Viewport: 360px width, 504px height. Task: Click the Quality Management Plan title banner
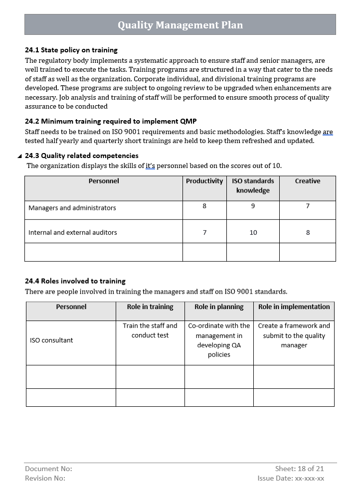coord(180,25)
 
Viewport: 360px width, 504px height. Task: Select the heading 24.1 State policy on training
coord(71,50)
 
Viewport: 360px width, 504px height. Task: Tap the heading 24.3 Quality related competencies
coord(82,156)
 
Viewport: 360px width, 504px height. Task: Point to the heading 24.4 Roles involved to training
coord(75,281)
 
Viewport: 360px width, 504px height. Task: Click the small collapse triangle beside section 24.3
coord(19,156)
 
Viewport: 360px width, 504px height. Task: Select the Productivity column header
coord(204,181)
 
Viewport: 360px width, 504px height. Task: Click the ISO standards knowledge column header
coord(253,185)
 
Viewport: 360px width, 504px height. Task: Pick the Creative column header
coord(307,181)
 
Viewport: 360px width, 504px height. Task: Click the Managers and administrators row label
coord(72,208)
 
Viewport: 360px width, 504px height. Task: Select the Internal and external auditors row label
coord(73,232)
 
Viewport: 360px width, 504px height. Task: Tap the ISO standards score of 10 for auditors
coord(253,232)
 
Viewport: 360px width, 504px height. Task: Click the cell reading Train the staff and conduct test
coord(150,331)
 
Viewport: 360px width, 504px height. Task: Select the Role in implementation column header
coord(294,307)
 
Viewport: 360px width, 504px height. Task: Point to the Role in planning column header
coord(219,307)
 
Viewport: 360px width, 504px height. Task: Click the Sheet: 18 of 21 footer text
coord(299,469)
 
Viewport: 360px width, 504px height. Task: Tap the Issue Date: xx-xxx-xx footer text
coord(291,478)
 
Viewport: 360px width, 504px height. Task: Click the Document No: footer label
coord(48,469)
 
